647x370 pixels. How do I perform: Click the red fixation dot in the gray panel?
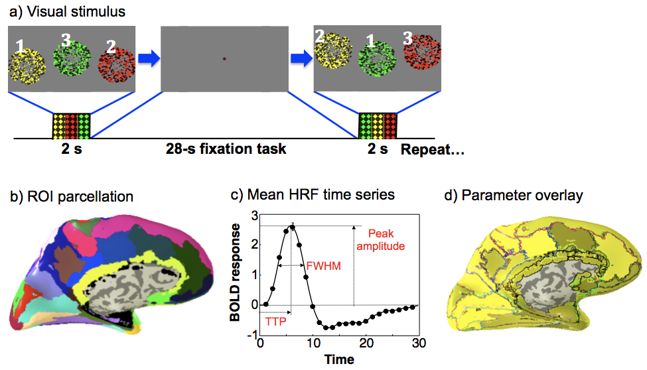tap(225, 59)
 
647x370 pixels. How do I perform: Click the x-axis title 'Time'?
tap(339, 359)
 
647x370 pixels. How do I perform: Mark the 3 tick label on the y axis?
tap(253, 214)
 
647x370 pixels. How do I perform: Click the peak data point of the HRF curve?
tap(292, 227)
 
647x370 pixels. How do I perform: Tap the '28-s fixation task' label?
tap(226, 149)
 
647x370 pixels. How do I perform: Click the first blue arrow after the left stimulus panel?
tap(149, 59)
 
